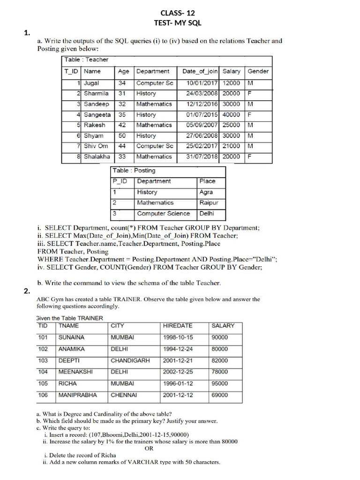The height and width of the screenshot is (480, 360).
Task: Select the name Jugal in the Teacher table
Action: click(91, 83)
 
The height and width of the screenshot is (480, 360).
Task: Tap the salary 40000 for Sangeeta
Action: click(231, 114)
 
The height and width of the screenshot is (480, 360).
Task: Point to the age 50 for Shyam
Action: click(122, 135)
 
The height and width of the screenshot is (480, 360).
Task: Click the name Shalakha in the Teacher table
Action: click(97, 157)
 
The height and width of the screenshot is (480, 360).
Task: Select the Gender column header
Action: click(258, 71)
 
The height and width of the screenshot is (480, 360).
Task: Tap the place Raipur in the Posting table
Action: click(209, 202)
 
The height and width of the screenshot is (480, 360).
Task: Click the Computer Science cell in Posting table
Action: click(164, 213)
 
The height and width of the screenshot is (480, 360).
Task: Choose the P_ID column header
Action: click(120, 181)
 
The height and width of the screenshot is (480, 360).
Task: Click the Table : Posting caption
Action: click(134, 171)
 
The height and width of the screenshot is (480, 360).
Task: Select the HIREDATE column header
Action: click(177, 325)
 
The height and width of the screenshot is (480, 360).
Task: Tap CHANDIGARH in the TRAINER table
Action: click(130, 360)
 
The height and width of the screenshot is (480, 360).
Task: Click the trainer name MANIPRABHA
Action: click(78, 395)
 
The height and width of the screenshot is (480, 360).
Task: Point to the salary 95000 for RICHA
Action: click(220, 383)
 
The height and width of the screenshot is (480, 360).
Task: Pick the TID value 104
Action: click(43, 372)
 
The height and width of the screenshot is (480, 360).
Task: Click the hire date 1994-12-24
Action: click(178, 349)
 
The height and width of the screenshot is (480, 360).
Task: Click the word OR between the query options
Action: click(149, 448)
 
